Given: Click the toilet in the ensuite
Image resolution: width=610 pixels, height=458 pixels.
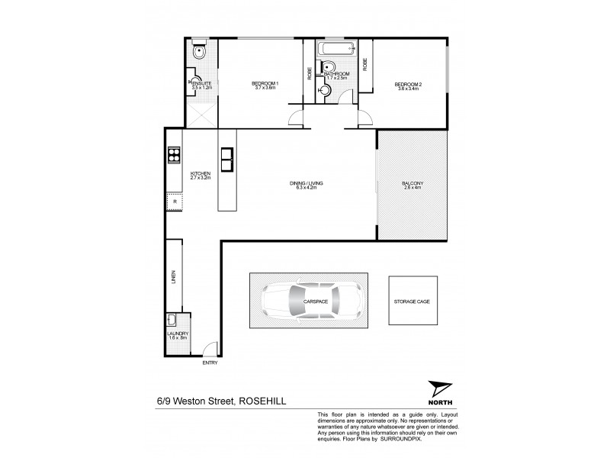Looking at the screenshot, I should [198, 53].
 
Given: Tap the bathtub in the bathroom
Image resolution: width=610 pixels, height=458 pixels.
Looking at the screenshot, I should [335, 52].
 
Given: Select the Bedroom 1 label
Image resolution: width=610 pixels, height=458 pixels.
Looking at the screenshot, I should [265, 84].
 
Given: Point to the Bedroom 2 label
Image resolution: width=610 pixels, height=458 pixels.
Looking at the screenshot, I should [408, 84].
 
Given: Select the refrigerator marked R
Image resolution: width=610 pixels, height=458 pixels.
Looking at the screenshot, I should [174, 202].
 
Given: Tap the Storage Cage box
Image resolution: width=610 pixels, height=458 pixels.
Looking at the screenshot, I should [413, 301].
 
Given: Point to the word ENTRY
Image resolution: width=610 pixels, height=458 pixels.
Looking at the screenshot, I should [210, 363].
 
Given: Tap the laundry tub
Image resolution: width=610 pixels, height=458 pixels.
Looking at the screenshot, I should [173, 321].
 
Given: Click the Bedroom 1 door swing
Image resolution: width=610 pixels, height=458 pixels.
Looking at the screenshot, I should [296, 119].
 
